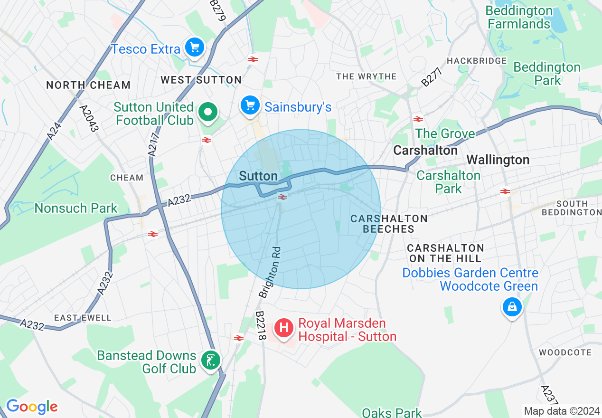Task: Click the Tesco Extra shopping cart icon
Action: point(195,47)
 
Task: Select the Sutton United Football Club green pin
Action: point(207,113)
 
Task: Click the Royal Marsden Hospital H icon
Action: point(284,328)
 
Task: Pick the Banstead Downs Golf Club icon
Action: point(209,360)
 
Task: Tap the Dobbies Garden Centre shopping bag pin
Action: point(512,307)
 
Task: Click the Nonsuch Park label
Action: point(76,208)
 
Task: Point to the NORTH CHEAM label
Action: point(88,85)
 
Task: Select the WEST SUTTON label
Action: point(201,80)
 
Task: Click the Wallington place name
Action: point(498,160)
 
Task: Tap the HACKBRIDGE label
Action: point(477,61)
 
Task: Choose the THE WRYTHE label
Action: point(366,76)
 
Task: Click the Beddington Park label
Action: point(547,74)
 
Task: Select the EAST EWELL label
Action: point(83,318)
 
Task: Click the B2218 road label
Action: point(261,325)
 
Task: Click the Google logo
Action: point(32,407)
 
